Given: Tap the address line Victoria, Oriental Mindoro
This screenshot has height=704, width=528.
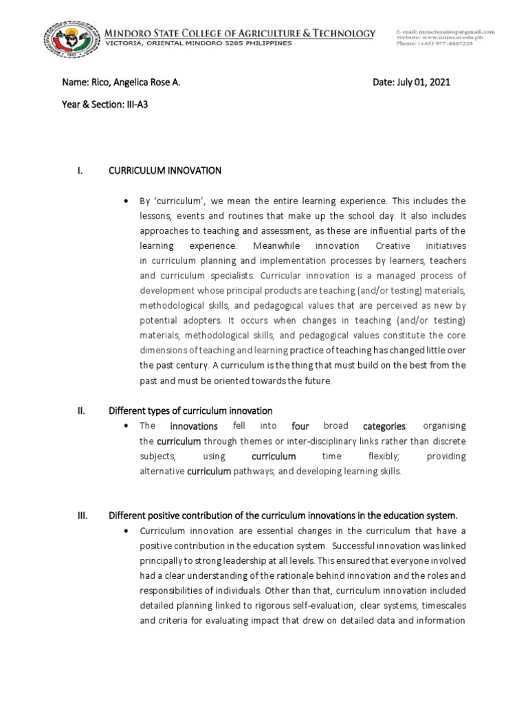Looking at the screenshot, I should pyautogui.click(x=197, y=43).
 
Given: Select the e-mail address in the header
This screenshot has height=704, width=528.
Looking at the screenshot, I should pyautogui.click(x=445, y=32).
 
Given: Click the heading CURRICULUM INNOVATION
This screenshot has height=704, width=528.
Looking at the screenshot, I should pyautogui.click(x=165, y=170).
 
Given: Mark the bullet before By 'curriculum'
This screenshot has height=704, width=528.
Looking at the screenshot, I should pyautogui.click(x=126, y=201).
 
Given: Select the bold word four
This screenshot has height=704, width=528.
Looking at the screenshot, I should pyautogui.click(x=302, y=426).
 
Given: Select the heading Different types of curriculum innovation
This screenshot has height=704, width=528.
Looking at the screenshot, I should pyautogui.click(x=191, y=411).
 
